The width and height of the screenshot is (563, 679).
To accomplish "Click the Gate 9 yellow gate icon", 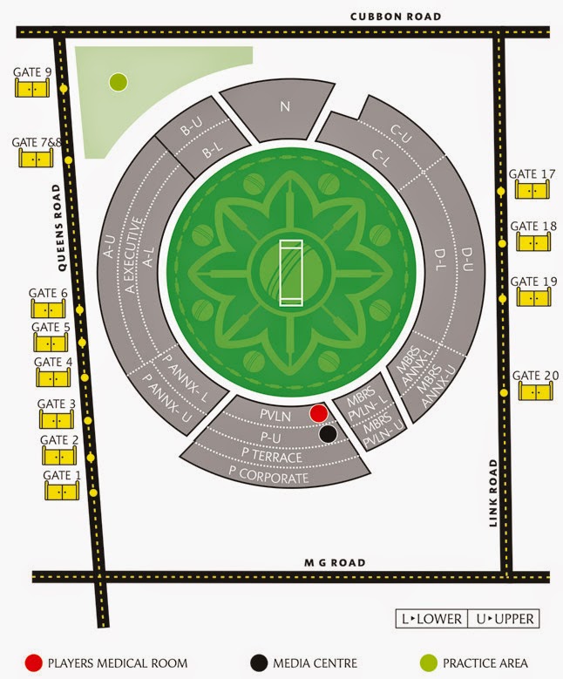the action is pyautogui.click(x=32, y=89).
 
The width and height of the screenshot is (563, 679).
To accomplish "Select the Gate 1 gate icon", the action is pyautogui.click(x=62, y=491).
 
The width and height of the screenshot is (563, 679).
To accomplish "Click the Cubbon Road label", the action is pyautogui.click(x=395, y=16).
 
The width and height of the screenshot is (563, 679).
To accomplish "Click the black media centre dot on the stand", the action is pyautogui.click(x=328, y=433).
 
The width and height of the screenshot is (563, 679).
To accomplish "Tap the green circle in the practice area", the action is pyautogui.click(x=119, y=83).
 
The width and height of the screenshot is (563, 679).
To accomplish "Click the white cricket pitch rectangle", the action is pyautogui.click(x=290, y=271).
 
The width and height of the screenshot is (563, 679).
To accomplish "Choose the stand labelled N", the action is pyautogui.click(x=284, y=107).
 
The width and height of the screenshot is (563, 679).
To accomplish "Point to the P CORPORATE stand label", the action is pyautogui.click(x=269, y=479).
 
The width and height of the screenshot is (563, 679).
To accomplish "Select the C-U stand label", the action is pyautogui.click(x=400, y=132).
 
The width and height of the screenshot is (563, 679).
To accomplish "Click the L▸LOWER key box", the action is pyautogui.click(x=431, y=619).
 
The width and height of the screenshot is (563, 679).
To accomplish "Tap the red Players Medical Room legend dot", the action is pyautogui.click(x=35, y=662).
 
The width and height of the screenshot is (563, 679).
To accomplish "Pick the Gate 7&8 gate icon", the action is pyautogui.click(x=36, y=158).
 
